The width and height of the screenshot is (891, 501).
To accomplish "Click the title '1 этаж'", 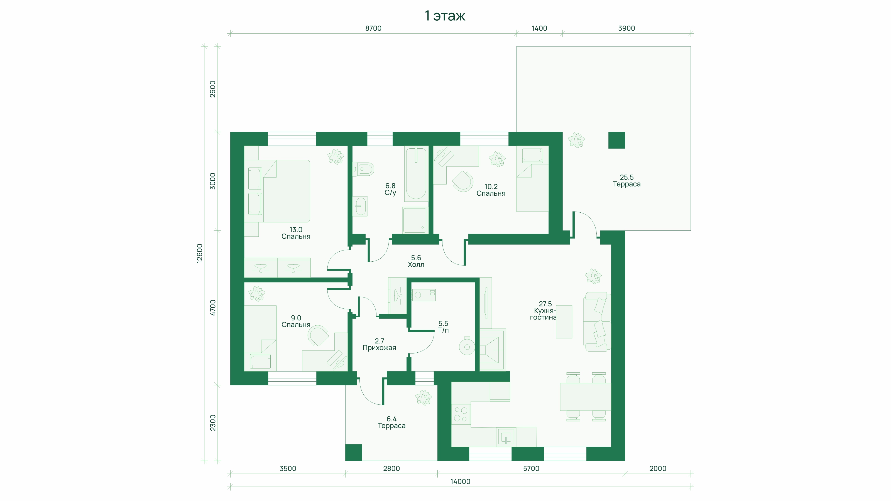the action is (x=445, y=16).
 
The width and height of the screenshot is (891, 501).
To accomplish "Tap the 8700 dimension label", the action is (x=373, y=28).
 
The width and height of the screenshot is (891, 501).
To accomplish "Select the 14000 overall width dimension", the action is (x=460, y=481).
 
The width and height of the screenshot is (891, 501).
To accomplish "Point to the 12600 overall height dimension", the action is (x=200, y=254).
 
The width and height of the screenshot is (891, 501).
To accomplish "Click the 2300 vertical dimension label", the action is (x=213, y=423).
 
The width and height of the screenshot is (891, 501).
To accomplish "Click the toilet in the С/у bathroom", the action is (x=363, y=169).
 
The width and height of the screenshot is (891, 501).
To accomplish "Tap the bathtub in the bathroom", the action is (x=416, y=174).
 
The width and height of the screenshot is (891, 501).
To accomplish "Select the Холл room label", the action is (x=416, y=264).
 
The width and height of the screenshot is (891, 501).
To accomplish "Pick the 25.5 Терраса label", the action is (x=626, y=180).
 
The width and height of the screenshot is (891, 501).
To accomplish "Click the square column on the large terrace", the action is (x=617, y=140).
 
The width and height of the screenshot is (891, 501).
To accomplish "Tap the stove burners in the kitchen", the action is (x=461, y=414).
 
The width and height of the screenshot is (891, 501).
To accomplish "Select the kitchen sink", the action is (x=506, y=437).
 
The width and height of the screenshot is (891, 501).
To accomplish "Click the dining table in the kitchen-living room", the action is (x=585, y=397).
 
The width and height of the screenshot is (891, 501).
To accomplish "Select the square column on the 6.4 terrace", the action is (x=354, y=452).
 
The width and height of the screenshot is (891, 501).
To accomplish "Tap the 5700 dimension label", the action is (x=531, y=468).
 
